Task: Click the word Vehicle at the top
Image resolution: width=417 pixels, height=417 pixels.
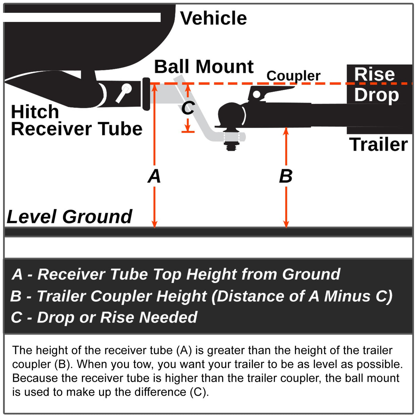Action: pos(213,18)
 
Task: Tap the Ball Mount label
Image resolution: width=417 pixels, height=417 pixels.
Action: pos(204,66)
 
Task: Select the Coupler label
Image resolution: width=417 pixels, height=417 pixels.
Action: pos(293,76)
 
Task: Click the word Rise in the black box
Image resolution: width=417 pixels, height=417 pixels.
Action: pos(374,74)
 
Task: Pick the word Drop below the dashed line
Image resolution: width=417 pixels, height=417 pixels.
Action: pos(376,95)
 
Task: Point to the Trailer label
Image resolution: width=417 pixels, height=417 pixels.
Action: pos(378,145)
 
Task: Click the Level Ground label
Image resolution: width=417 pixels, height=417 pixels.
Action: pos(69,217)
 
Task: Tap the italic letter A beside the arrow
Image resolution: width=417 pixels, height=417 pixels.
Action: pos(154,176)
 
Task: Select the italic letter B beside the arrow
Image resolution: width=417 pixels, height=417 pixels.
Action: pos(286,176)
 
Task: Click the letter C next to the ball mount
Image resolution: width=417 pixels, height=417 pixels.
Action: pos(188,108)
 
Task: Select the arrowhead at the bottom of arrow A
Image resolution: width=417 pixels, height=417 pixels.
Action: pos(155,224)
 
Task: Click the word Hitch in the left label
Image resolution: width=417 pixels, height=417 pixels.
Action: pos(35,112)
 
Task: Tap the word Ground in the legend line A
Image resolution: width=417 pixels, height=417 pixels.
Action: pos(311,274)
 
